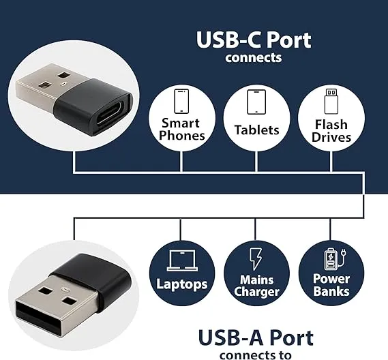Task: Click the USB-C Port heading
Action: click(254, 40)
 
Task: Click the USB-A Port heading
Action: click(256, 337)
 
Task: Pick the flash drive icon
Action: click(331, 101)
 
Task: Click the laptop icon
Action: click(182, 259)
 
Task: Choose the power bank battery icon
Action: click(331, 259)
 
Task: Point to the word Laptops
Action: click(181, 284)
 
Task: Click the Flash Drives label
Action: click(331, 130)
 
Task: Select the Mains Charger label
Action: click(256, 285)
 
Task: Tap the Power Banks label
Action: click(331, 284)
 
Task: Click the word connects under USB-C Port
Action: click(254, 57)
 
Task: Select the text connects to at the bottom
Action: click(256, 355)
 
